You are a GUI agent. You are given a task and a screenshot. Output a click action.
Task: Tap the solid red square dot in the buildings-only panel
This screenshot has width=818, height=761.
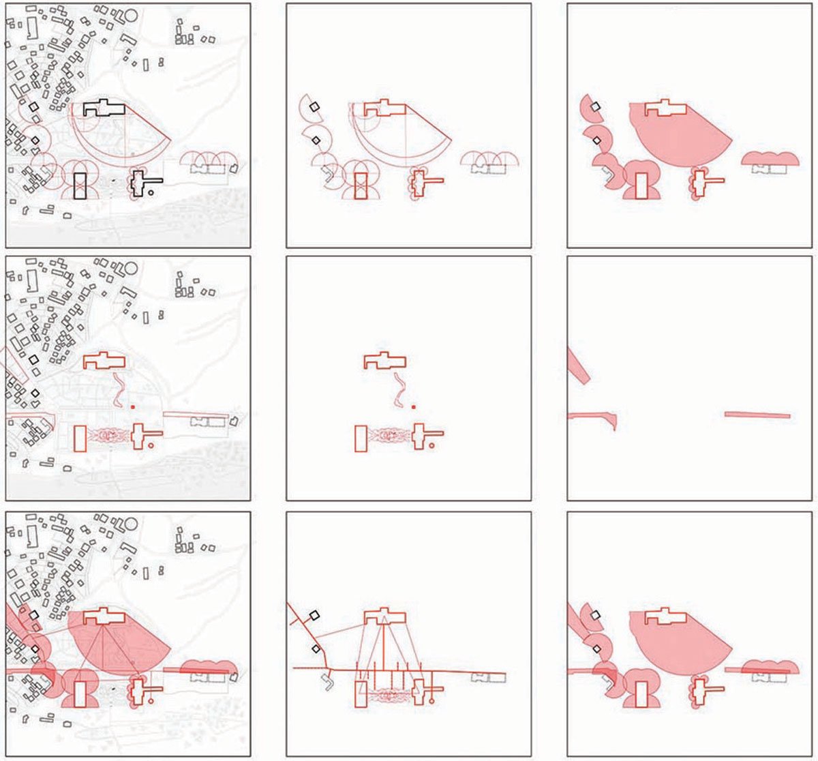[413, 406]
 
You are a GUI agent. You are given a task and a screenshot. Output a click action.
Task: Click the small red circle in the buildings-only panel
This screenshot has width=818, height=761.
[431, 446]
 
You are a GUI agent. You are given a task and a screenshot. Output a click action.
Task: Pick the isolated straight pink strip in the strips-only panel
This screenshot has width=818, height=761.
[757, 415]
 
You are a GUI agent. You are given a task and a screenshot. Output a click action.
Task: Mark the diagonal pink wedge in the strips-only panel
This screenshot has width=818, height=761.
[578, 365]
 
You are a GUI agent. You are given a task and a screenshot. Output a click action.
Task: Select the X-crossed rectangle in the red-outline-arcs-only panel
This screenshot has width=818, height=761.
[361, 185]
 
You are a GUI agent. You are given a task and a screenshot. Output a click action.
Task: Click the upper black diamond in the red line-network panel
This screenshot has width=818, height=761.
[314, 615]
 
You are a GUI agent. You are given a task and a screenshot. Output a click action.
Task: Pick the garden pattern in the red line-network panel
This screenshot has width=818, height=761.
[389, 695]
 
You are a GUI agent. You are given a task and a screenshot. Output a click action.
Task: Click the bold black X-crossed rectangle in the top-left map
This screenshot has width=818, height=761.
[80, 185]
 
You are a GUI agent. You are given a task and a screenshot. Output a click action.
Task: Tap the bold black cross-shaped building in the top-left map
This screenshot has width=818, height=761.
[140, 182]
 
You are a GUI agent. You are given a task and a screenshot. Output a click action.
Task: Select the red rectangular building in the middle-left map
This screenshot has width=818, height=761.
[80, 438]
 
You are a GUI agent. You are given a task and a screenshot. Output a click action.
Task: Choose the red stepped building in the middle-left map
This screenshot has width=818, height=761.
[104, 361]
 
